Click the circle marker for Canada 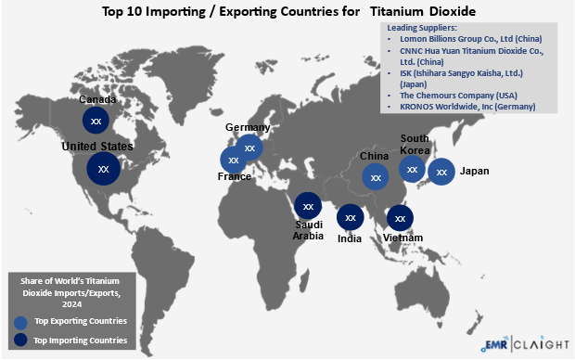tap(96, 120)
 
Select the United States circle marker tap(103, 170)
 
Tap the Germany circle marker tap(249, 147)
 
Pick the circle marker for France tap(234, 160)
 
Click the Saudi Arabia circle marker tap(308, 206)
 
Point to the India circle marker tap(350, 217)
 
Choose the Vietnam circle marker tap(399, 218)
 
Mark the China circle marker tap(375, 176)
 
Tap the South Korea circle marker tap(412, 168)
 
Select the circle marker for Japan tap(441, 172)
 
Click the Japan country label tap(474, 172)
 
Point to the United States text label tap(97, 147)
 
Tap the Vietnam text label tap(403, 238)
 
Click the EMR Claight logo tap(525, 344)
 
